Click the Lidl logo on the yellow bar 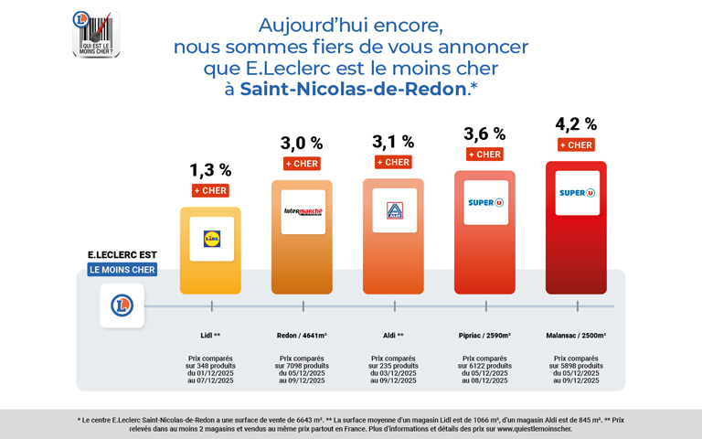211,239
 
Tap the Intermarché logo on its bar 303,211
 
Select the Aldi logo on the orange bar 394,210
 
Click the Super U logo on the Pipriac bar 485,202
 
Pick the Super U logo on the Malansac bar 577,193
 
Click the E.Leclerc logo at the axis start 122,305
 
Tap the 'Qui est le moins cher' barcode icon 96,34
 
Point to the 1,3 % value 210,170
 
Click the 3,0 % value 302,143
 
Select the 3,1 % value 393,142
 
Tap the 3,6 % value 484,134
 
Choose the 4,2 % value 576,124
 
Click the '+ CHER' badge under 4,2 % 576,145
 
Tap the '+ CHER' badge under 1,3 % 210,190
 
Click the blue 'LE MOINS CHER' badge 122,270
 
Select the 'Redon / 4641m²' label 302,336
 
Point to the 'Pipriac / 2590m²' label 484,336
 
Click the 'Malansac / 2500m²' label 576,336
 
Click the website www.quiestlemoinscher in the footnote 534,428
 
